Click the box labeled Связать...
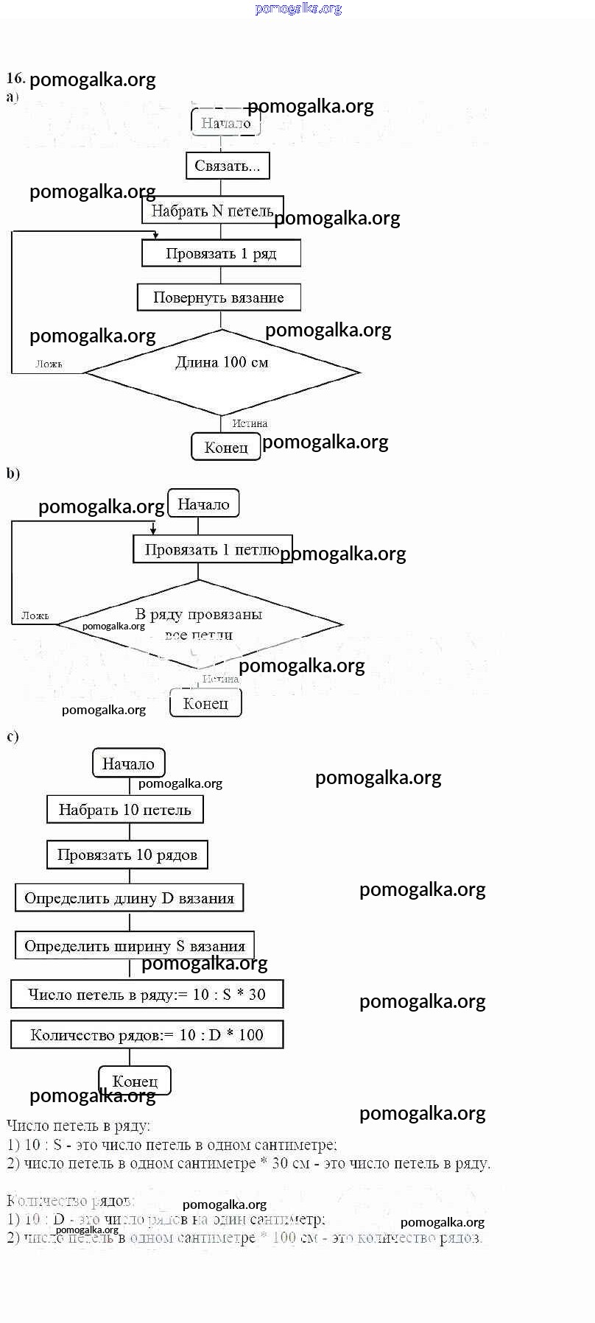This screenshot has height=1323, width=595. [x=228, y=166]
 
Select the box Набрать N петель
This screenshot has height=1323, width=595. [x=212, y=211]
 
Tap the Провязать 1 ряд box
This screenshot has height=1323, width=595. [x=221, y=253]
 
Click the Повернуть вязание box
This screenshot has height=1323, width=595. [x=219, y=297]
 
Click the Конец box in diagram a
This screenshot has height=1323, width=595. [x=226, y=447]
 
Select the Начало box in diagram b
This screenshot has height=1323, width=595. [x=203, y=504]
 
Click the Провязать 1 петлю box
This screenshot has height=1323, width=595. [x=212, y=549]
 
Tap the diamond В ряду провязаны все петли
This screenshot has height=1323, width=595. [x=199, y=624]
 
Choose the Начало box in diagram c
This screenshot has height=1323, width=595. [x=128, y=763]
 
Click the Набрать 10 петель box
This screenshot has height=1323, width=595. [x=125, y=809]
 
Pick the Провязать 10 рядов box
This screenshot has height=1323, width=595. [x=127, y=855]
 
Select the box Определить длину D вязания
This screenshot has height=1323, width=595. [x=129, y=897]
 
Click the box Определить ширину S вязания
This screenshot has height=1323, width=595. [x=135, y=945]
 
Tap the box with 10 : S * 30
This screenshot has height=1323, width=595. [x=147, y=994]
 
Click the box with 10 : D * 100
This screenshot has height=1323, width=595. [x=147, y=1034]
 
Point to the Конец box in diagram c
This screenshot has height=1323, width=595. [x=135, y=1081]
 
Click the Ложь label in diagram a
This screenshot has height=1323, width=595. [x=49, y=364]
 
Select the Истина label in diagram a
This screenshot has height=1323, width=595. [x=250, y=423]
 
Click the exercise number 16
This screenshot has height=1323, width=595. [x=15, y=78]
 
